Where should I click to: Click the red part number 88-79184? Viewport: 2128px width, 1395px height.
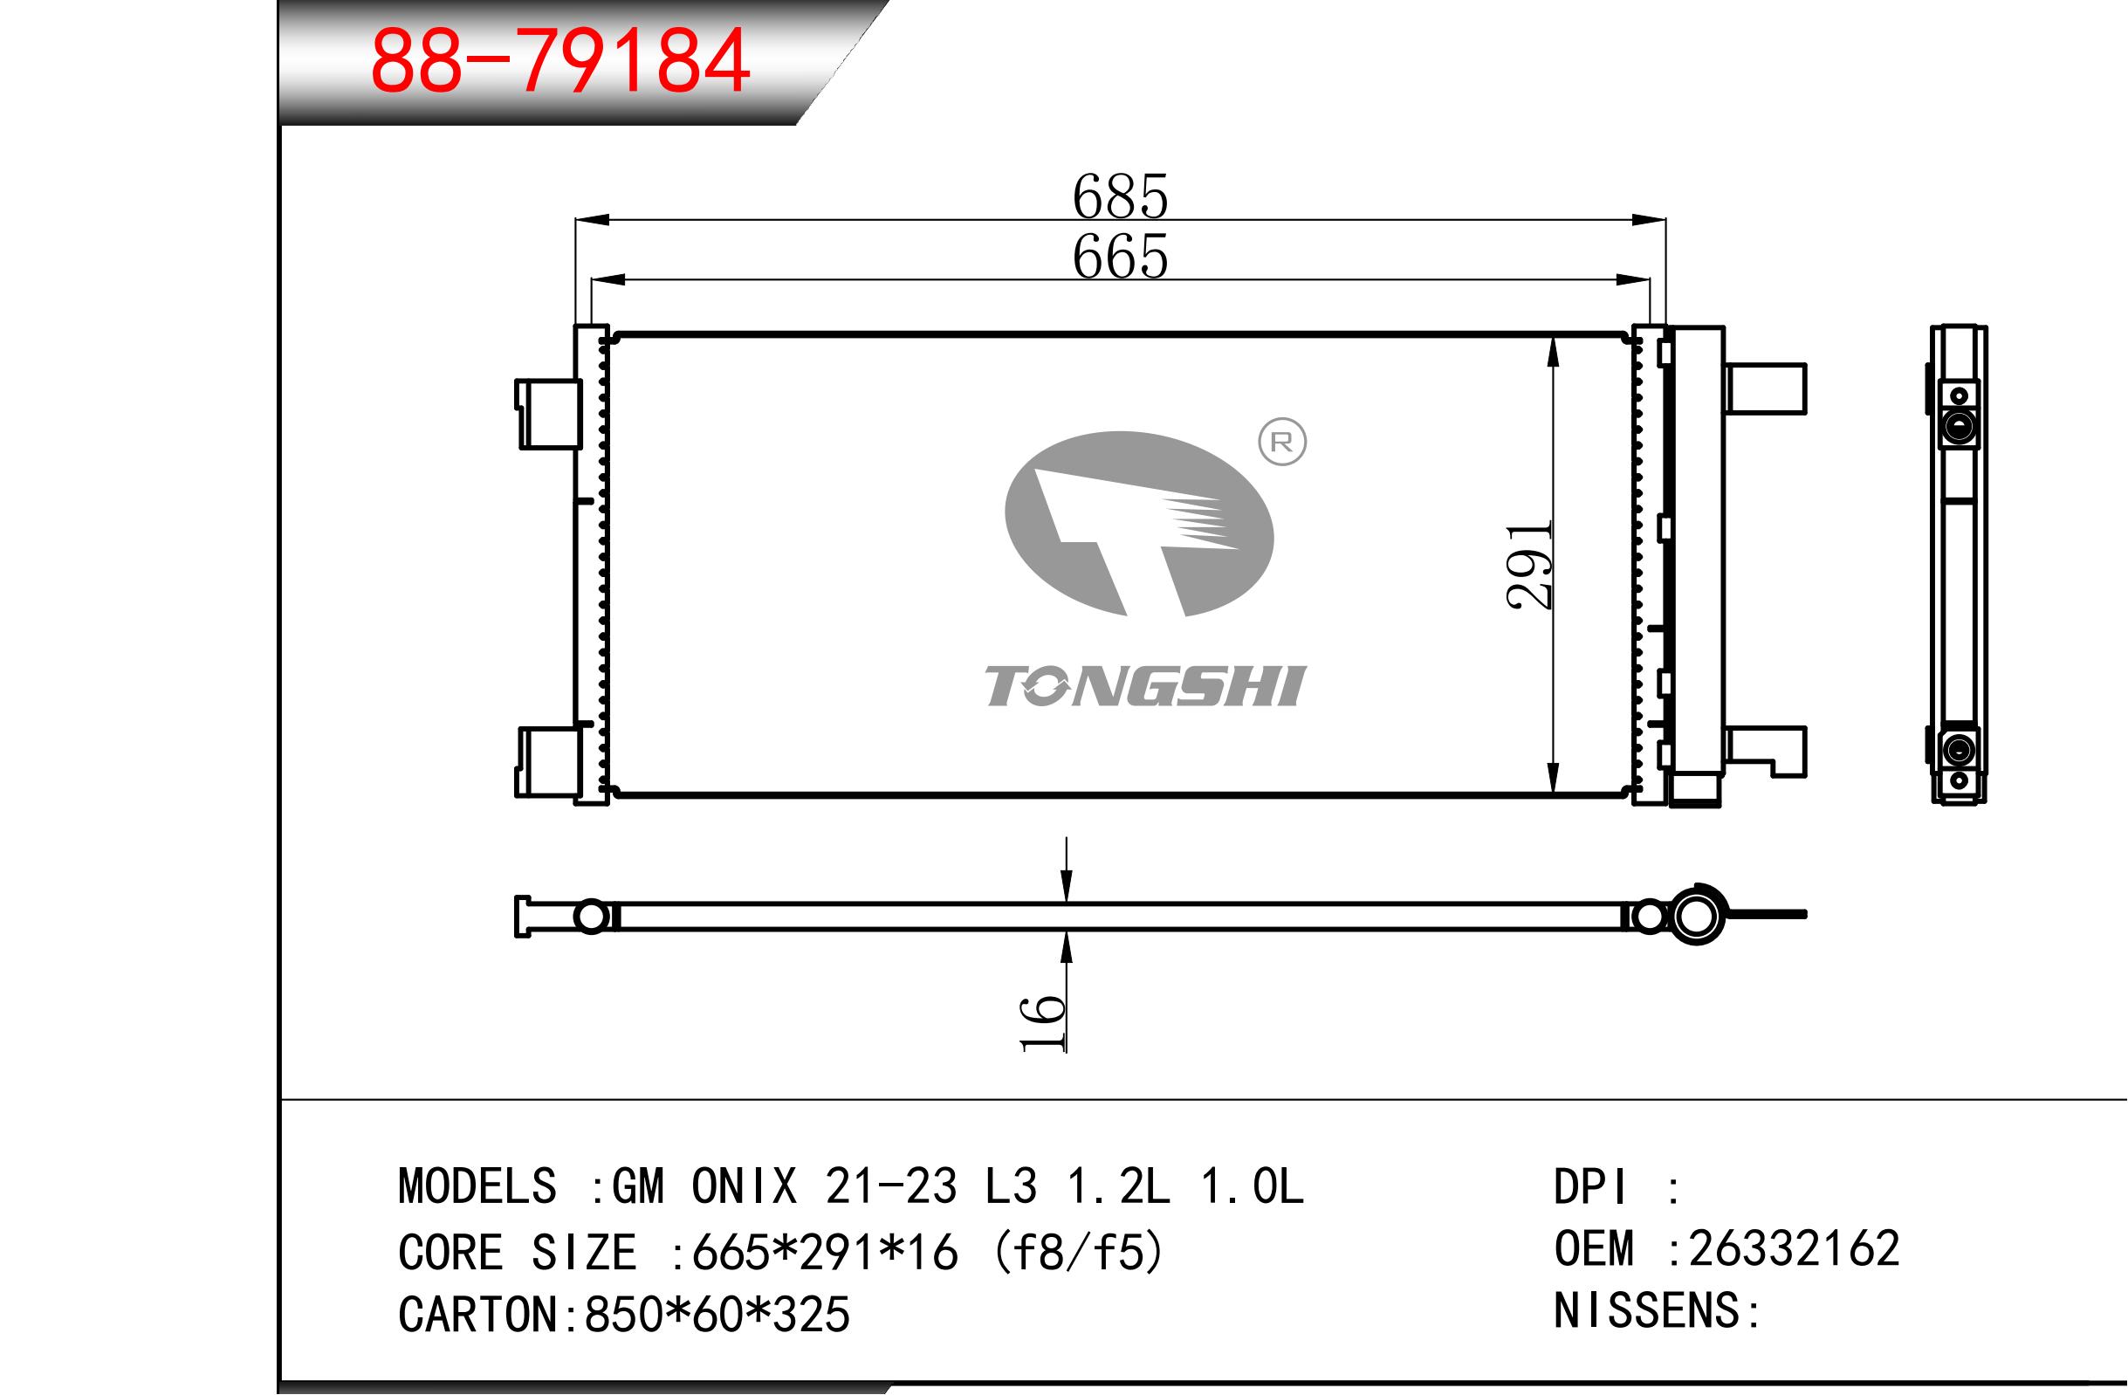click(559, 62)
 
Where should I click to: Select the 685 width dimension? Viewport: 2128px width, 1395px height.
click(1121, 196)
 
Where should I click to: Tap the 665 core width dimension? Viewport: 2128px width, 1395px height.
click(1121, 257)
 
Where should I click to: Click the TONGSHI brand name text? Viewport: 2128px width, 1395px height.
click(1145, 686)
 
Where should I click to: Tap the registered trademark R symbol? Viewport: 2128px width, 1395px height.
click(1282, 442)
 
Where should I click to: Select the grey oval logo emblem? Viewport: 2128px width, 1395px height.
click(1139, 524)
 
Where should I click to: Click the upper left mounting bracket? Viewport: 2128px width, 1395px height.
click(547, 413)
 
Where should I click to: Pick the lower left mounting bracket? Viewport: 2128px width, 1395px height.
click(547, 761)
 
